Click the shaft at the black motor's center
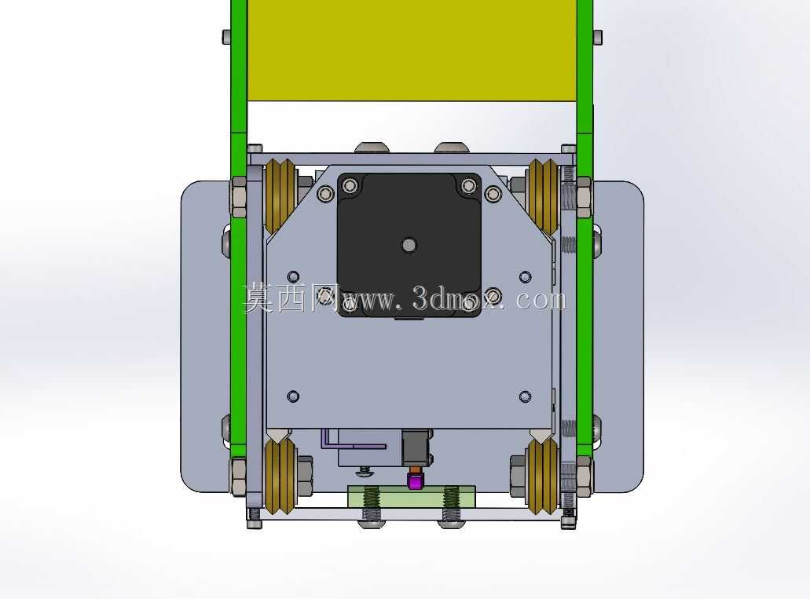coord(409,245)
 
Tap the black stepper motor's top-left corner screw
coord(350,185)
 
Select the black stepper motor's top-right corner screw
coord(468,185)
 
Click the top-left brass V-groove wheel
coord(280,195)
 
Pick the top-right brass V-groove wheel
coord(542,195)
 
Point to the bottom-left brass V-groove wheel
coord(280,476)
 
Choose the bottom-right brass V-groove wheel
coord(542,476)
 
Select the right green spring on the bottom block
coord(451,497)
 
